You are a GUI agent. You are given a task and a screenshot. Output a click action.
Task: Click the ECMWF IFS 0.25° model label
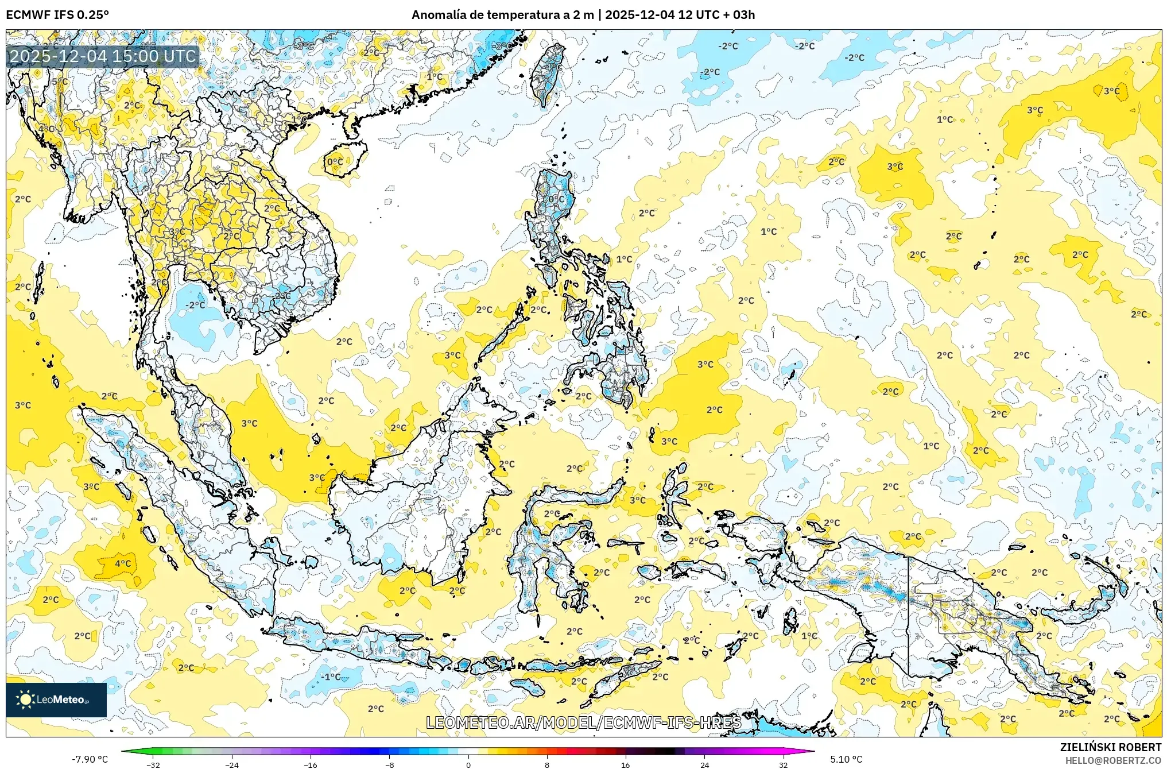click(x=57, y=15)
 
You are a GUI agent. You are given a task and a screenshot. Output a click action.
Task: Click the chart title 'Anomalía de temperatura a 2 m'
click(x=502, y=15)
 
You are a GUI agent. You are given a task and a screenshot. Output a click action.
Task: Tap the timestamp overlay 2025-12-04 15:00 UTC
click(x=103, y=56)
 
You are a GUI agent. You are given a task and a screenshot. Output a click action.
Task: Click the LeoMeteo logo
click(x=56, y=700)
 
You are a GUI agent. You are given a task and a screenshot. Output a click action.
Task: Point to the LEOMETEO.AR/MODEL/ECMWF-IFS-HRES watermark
click(x=583, y=722)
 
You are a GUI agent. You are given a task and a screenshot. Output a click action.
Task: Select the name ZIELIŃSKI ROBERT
click(x=1110, y=747)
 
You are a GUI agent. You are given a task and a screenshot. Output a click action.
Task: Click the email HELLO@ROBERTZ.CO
click(x=1113, y=760)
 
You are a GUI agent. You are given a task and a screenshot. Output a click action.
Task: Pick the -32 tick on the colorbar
click(x=153, y=764)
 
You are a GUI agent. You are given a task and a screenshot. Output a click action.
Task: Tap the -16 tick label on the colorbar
click(x=311, y=764)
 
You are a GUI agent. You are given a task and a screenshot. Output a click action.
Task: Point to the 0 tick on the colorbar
click(x=468, y=764)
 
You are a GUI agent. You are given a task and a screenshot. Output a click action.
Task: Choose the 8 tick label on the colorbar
click(x=547, y=764)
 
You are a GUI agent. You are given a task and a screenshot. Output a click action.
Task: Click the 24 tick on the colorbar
click(x=704, y=764)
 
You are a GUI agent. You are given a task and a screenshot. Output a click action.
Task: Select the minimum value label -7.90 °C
click(x=90, y=759)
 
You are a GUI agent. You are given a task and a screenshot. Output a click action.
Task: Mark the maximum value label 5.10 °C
click(x=846, y=759)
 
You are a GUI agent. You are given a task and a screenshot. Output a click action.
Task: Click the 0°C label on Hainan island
click(x=335, y=162)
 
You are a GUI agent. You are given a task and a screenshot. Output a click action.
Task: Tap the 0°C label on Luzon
click(x=556, y=199)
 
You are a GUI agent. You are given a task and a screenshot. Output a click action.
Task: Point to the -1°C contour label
click(x=331, y=677)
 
